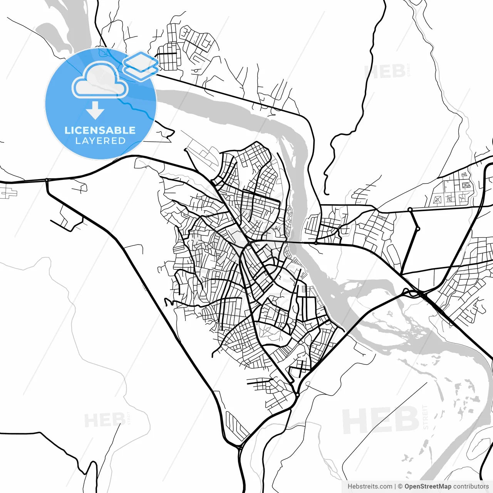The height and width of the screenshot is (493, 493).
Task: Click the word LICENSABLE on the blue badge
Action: click(100, 130)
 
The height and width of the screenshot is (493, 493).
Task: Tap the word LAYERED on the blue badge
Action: click(100, 141)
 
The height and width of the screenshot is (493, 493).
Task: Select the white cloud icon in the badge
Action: click(100, 80)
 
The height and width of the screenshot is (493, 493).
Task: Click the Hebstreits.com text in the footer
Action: click(370, 486)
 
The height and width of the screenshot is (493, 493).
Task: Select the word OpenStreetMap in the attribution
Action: click(428, 486)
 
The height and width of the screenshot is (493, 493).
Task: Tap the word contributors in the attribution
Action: click(471, 486)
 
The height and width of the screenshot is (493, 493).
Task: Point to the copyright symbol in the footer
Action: click(400, 486)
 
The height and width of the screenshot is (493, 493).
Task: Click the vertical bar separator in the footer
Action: click(396, 486)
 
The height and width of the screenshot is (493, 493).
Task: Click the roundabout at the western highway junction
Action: click(47, 180)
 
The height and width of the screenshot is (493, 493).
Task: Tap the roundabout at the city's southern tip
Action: click(298, 394)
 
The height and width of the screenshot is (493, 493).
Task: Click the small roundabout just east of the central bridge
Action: click(316, 243)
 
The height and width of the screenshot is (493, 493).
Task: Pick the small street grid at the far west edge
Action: click(8, 192)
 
